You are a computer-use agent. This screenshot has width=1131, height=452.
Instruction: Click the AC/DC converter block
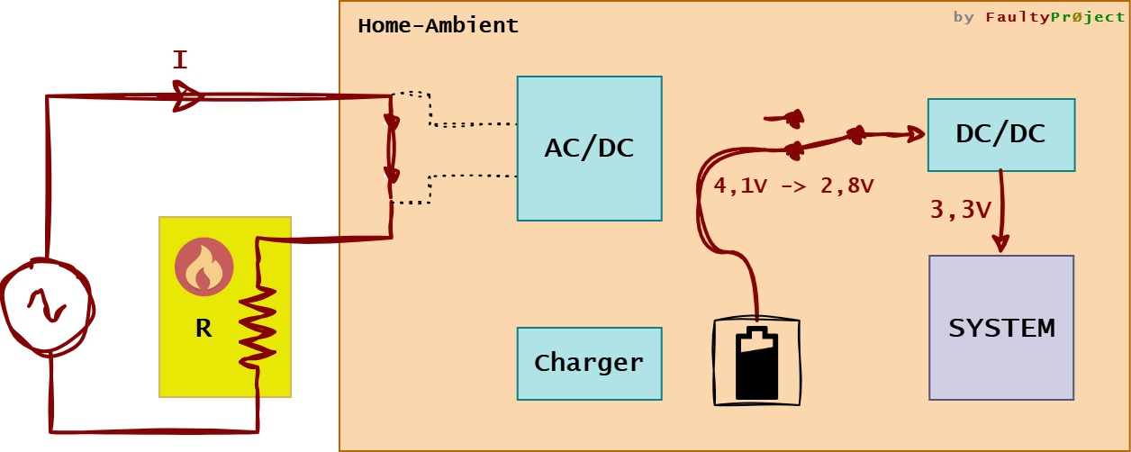(589, 149)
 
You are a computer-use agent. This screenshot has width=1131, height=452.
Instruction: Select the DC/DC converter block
(1000, 134)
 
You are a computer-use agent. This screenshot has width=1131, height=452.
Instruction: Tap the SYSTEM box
(1000, 328)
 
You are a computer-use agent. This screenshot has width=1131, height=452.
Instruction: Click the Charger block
(589, 363)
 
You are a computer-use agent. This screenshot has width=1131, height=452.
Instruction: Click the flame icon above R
(204, 267)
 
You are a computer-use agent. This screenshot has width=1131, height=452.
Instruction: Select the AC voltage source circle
(46, 305)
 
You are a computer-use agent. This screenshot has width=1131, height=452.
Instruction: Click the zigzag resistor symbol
(257, 324)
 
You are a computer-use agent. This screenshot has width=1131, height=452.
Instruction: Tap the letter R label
(204, 329)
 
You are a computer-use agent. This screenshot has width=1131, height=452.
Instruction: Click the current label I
(180, 61)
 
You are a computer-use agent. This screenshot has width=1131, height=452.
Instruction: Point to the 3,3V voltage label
(960, 210)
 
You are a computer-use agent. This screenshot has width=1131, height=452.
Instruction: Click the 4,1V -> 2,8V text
(793, 186)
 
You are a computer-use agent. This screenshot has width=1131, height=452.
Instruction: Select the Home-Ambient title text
(438, 25)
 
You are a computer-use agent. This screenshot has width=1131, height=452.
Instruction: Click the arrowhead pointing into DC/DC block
(914, 135)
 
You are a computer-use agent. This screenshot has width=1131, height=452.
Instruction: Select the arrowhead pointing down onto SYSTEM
(1000, 243)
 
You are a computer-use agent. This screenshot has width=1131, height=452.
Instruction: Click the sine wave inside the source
(46, 307)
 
